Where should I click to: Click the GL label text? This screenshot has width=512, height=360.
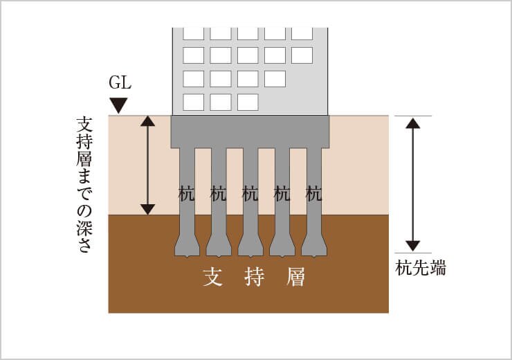pyautogui.click(x=120, y=84)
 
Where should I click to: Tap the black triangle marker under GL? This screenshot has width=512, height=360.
pyautogui.click(x=120, y=105)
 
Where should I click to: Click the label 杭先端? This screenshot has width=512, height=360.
pyautogui.click(x=420, y=269)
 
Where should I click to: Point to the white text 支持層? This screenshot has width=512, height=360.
pyautogui.click(x=254, y=278)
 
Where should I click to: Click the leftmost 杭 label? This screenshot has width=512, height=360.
pyautogui.click(x=186, y=194)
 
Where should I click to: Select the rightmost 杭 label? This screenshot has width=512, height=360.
pyautogui.click(x=314, y=194)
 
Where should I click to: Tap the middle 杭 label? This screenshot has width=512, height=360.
pyautogui.click(x=250, y=194)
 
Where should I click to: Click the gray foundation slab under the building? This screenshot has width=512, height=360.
pyautogui.click(x=250, y=131)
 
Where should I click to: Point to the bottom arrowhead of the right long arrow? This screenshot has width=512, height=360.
pyautogui.click(x=412, y=245)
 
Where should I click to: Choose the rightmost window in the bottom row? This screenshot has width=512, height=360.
pyautogui.click(x=247, y=102)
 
